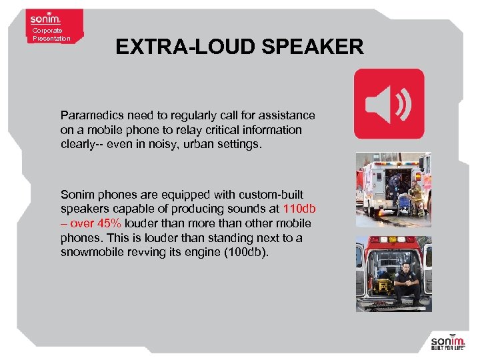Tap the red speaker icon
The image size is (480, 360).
(x=389, y=104)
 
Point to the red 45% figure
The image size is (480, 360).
(x=109, y=223)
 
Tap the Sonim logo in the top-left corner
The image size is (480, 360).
(x=45, y=18)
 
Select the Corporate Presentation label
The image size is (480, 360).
(x=51, y=35)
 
